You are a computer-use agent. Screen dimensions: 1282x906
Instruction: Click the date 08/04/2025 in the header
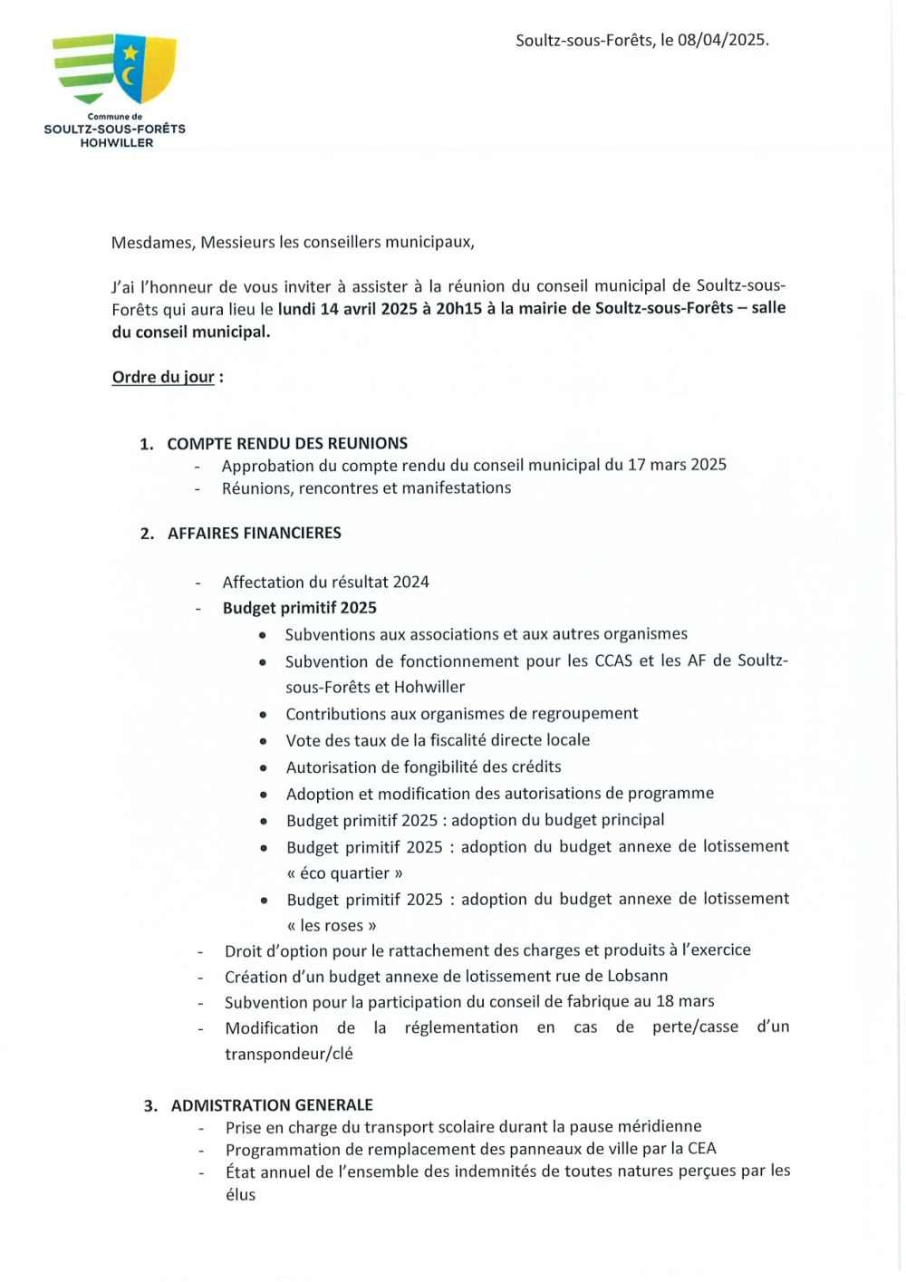click(x=722, y=40)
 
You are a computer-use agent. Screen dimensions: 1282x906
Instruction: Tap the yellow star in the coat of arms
click(x=130, y=53)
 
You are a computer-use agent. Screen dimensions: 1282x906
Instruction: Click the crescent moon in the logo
click(x=129, y=74)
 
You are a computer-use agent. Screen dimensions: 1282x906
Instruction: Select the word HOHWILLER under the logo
click(x=116, y=143)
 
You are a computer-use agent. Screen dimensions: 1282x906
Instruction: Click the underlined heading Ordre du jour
click(x=163, y=377)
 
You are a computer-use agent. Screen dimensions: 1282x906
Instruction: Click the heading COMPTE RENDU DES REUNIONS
click(x=287, y=443)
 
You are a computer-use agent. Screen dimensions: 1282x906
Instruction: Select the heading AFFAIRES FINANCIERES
click(x=255, y=533)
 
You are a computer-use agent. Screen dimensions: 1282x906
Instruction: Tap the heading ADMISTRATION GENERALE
click(x=272, y=1104)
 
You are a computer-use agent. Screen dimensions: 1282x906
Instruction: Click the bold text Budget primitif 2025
click(x=300, y=608)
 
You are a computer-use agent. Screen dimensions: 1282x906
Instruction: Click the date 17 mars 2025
click(x=677, y=465)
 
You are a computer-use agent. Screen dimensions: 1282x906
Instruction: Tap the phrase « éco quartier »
click(x=344, y=872)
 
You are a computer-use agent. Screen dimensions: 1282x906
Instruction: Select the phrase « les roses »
click(x=332, y=925)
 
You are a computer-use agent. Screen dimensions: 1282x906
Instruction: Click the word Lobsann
click(x=634, y=976)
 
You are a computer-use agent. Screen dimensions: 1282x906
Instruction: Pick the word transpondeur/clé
click(x=289, y=1054)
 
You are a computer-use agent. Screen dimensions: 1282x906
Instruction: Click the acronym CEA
click(x=700, y=1149)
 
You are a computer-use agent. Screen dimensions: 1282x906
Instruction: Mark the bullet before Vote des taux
click(x=263, y=741)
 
